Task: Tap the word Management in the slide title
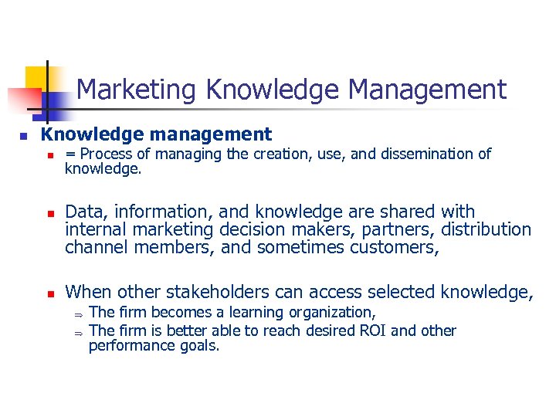tap(427, 90)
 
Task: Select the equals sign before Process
tap(70, 154)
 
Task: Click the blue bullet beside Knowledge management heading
tap(23, 136)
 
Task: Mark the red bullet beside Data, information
tap(48, 212)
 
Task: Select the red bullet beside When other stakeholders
tap(48, 293)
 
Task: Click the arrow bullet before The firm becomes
tap(77, 313)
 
